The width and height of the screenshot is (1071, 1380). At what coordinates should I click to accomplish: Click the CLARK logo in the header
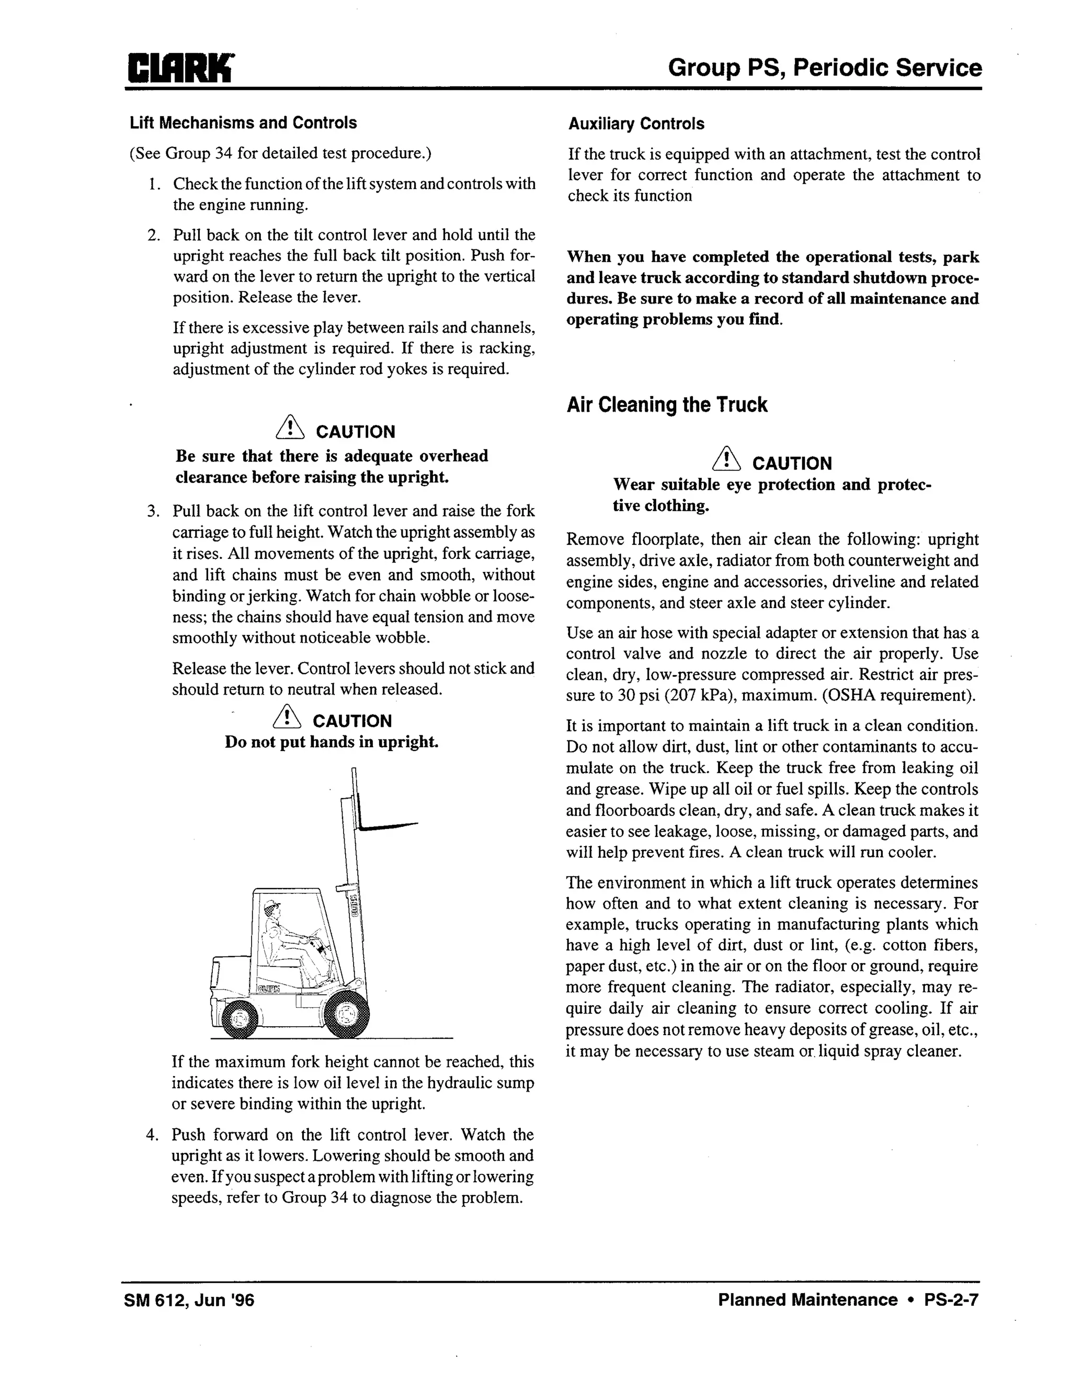tap(180, 68)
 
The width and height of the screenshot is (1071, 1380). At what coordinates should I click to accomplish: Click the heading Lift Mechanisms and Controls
tap(243, 122)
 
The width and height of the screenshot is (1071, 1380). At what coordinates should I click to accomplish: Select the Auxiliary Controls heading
tap(636, 124)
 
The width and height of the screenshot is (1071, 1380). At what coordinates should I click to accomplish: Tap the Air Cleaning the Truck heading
tap(667, 405)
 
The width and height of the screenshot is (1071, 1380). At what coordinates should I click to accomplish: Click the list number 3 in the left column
tap(153, 511)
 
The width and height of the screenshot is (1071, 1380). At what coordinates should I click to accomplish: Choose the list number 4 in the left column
tap(152, 1135)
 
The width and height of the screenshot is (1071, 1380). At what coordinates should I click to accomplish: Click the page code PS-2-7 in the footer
tap(951, 1300)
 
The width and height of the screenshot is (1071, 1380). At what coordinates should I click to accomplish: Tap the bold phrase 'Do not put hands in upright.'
tap(332, 742)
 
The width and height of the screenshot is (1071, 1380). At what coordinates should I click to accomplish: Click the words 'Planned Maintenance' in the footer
tap(807, 1300)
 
